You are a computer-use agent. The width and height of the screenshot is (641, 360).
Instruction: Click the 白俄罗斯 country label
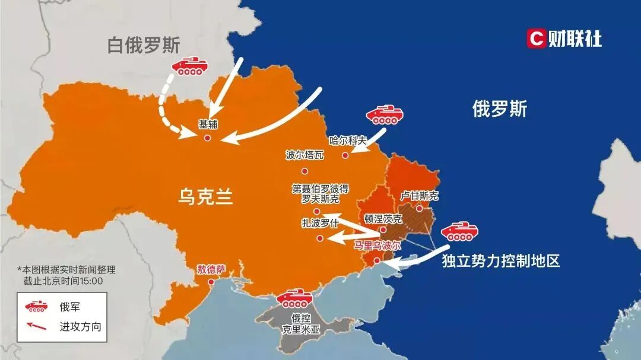[x=143, y=46]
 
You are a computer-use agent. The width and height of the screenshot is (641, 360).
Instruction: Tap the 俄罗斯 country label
[x=499, y=109]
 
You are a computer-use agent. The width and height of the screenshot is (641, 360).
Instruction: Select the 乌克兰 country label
[x=205, y=196]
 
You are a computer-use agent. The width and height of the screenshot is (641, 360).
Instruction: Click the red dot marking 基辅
[x=207, y=138]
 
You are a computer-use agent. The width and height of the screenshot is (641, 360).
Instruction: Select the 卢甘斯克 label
[x=419, y=196]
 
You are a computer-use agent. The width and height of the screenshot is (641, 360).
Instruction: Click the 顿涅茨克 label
[x=383, y=218]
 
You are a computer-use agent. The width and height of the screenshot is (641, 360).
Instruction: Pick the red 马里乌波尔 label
[x=377, y=244]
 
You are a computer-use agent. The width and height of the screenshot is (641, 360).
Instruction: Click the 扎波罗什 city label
[x=320, y=224]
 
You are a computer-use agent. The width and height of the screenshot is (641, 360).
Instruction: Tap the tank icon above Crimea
[x=295, y=298]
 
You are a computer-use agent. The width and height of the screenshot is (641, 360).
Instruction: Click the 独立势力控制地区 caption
[x=501, y=261]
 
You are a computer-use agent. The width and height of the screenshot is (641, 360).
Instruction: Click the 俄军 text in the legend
[x=69, y=307]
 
